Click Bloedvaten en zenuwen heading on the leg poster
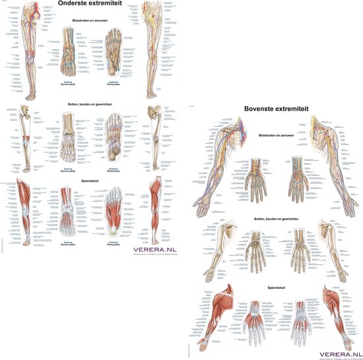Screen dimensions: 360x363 91,21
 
